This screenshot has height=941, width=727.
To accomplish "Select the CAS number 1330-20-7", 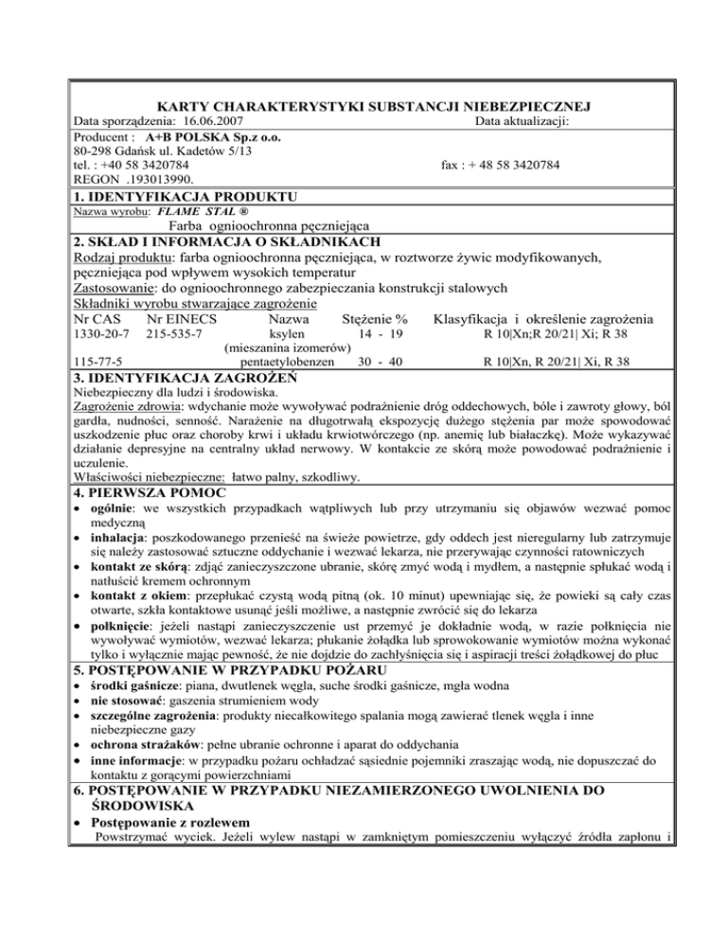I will point(98,335).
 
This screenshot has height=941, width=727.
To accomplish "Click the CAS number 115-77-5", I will point(95,362).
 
